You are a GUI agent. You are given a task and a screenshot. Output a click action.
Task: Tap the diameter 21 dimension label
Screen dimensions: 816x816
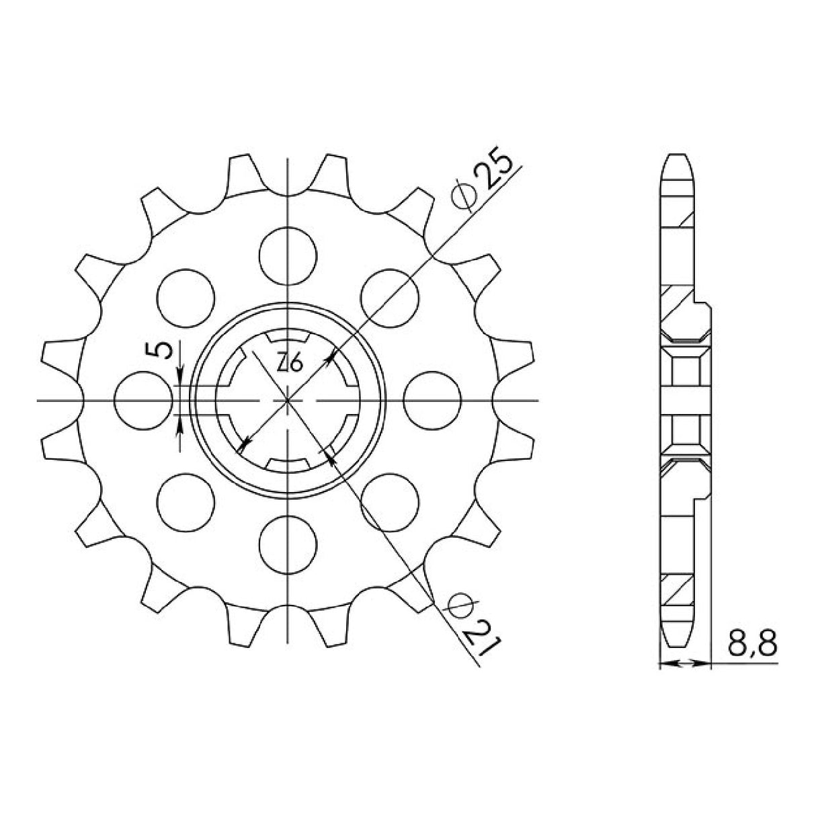tap(475, 621)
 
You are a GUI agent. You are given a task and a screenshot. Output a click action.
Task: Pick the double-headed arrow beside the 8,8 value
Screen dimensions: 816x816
tap(685, 664)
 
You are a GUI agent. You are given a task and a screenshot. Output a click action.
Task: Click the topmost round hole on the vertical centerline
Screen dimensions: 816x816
tap(288, 253)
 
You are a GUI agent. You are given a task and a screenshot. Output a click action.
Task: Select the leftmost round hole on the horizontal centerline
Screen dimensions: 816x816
tap(142, 400)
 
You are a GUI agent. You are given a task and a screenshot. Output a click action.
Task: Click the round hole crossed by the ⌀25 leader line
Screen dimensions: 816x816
tap(390, 296)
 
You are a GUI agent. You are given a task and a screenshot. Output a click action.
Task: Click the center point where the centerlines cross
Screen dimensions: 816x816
tap(288, 400)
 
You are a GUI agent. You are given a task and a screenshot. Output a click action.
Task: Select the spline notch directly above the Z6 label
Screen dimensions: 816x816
tap(288, 337)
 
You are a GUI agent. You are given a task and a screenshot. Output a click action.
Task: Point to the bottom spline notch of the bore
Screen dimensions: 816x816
tap(288, 463)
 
